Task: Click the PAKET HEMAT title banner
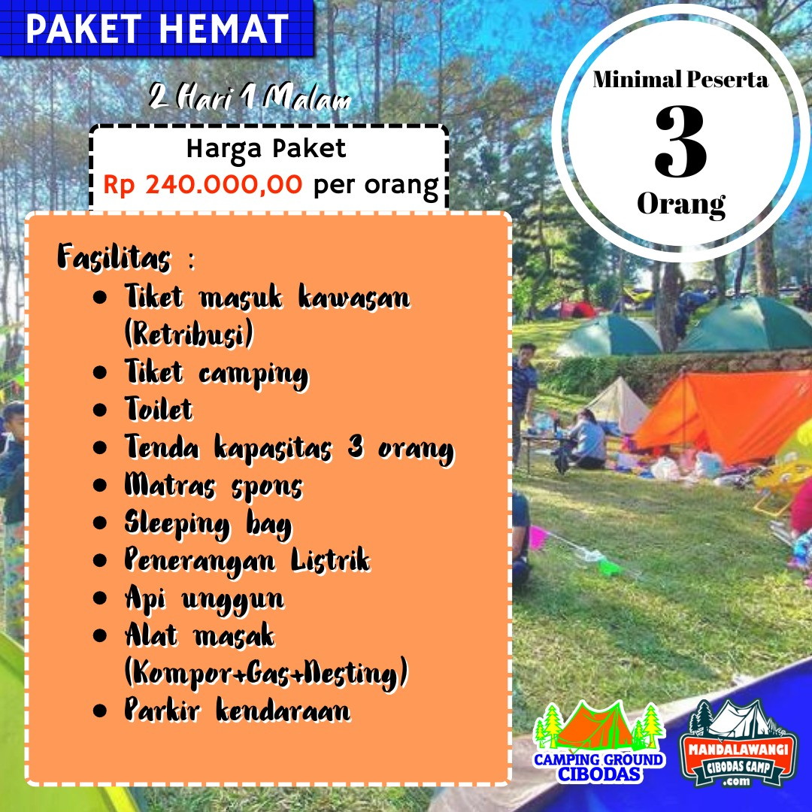click(157, 28)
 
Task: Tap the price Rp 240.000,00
click(202, 184)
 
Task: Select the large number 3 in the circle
click(680, 141)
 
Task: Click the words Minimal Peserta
click(680, 79)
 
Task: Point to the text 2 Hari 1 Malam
click(250, 97)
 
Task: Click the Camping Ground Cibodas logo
click(599, 741)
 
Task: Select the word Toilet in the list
click(159, 409)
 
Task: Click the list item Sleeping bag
click(208, 524)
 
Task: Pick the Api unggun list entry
click(205, 600)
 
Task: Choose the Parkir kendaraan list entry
click(237, 710)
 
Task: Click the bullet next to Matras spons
click(100, 485)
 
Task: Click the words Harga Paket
click(266, 149)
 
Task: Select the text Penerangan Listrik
click(247, 561)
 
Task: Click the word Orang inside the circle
click(681, 205)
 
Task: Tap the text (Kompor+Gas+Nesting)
click(266, 673)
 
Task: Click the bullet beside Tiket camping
click(100, 372)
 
